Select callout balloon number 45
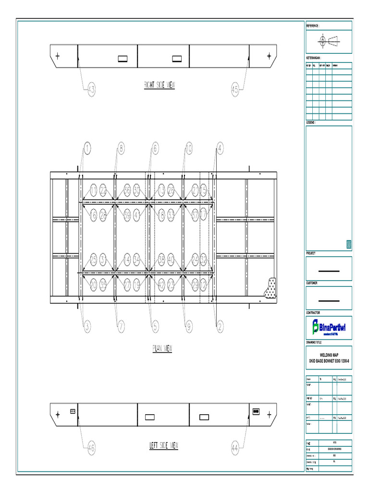[235, 89]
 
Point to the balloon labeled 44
[235, 448]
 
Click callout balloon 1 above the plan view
[86, 149]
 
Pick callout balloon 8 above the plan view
[121, 149]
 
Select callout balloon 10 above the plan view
[188, 149]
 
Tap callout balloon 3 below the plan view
[86, 327]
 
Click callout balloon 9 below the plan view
[188, 327]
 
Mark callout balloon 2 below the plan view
[220, 327]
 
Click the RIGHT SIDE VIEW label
[160, 86]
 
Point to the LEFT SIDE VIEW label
[164, 446]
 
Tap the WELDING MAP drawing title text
[329, 355]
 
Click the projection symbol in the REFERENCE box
[329, 41]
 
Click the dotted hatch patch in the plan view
[269, 287]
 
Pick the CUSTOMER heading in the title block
[314, 283]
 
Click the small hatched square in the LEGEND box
[349, 245]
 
